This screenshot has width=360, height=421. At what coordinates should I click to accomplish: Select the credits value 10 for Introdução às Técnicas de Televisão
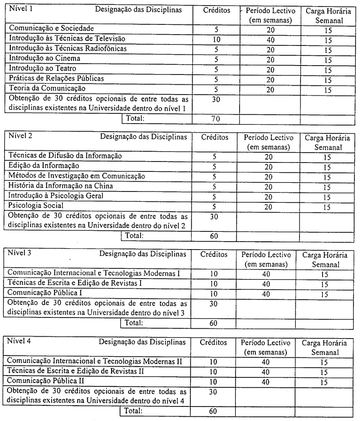[216, 39]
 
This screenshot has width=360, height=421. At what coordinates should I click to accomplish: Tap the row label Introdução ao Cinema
[45, 59]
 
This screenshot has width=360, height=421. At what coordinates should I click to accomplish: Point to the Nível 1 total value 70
[216, 119]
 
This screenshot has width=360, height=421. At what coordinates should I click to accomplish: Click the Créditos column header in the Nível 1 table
[217, 10]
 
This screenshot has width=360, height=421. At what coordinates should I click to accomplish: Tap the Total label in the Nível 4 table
[134, 411]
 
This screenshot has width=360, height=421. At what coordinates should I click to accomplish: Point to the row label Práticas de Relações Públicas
[57, 78]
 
